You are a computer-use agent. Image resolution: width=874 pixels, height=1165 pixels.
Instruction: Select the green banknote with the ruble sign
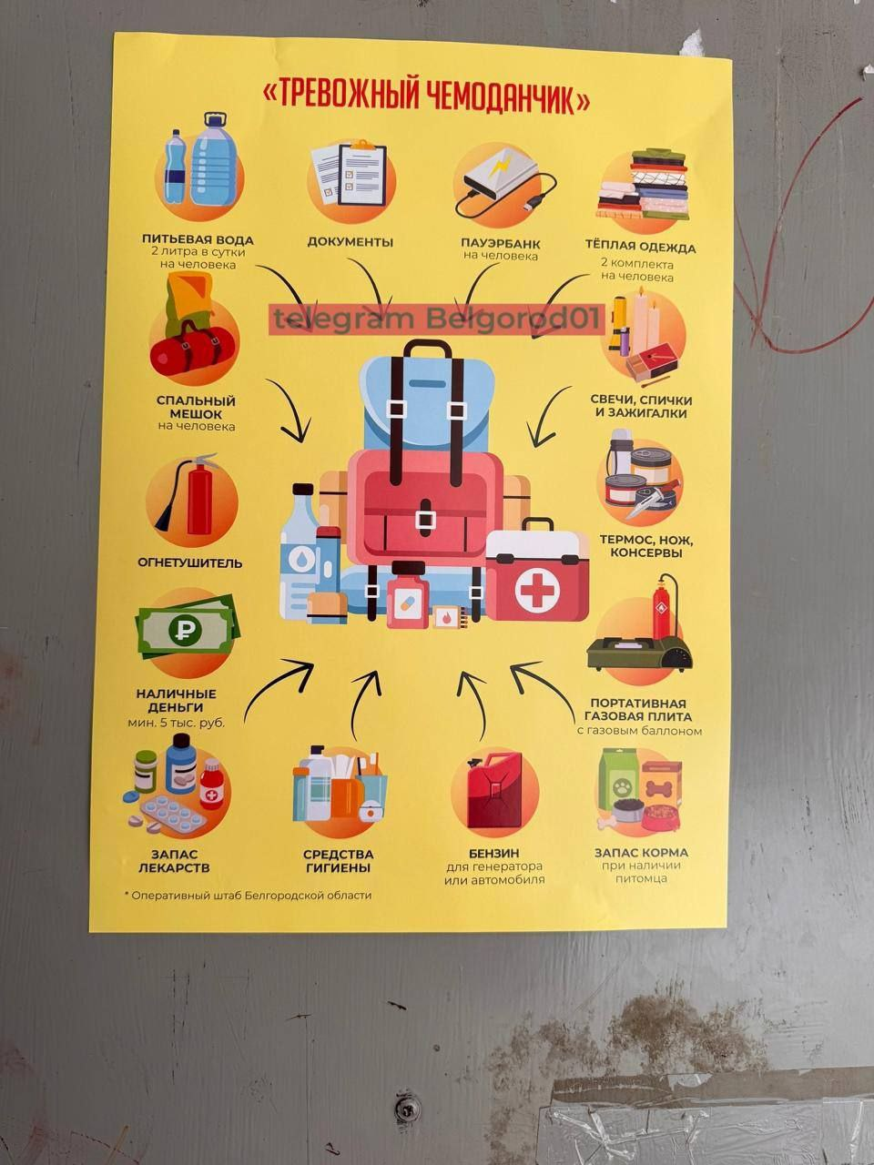coord(187,630)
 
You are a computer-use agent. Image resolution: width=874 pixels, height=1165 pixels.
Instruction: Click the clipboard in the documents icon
coord(361,173)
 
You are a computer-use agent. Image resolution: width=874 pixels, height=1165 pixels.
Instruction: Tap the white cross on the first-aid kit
coord(536,589)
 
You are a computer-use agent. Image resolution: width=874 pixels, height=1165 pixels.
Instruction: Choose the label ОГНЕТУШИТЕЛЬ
coord(189,562)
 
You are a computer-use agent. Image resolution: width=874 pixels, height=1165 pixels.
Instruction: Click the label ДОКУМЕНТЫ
coord(351,242)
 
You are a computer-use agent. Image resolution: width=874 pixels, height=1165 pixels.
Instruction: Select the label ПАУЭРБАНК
coord(501,243)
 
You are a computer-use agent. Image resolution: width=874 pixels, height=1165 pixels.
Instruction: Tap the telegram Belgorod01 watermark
coord(437,319)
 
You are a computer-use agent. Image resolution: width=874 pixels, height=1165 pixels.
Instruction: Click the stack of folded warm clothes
coord(642,185)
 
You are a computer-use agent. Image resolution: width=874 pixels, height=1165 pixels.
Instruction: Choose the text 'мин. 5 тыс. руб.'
coord(177,723)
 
